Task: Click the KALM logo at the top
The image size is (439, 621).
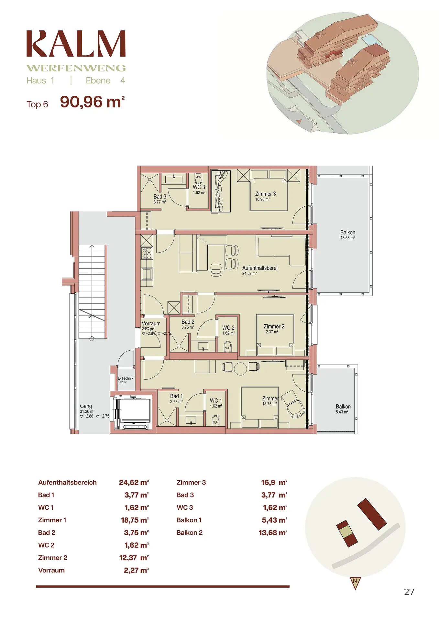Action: point(76,44)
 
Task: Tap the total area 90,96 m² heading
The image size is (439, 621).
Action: point(93,102)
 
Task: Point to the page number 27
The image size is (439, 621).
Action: point(409,592)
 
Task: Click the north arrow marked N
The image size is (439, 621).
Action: point(355,583)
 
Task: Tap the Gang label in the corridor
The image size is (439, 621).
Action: point(86,406)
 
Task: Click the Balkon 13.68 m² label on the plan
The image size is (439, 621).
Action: point(348,234)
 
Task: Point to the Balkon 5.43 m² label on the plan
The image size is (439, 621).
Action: point(343,409)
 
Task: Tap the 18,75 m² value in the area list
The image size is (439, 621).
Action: point(135,520)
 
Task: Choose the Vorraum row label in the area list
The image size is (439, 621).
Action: point(51,570)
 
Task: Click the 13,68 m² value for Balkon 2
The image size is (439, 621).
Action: point(273,533)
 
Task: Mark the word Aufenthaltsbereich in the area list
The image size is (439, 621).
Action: point(67,483)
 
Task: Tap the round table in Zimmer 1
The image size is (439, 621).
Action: point(240,369)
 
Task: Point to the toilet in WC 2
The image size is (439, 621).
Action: point(228,347)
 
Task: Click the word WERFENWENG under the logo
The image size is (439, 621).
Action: point(76,68)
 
